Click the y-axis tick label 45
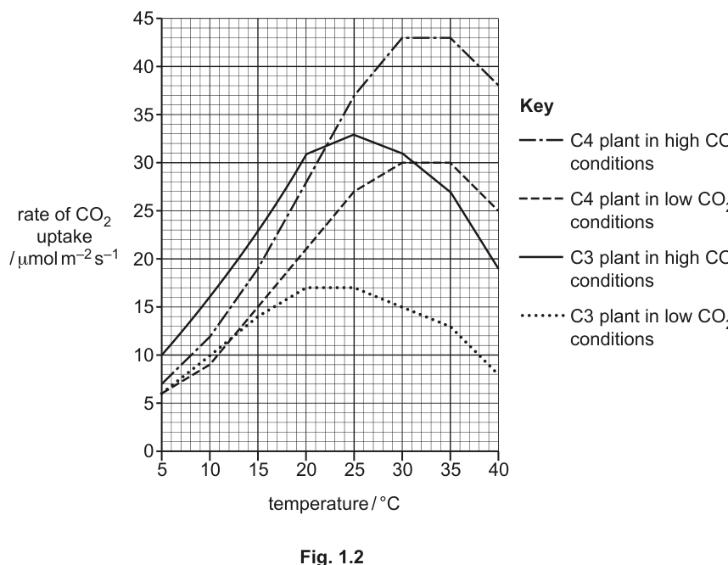coord(143,19)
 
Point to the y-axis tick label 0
coord(149,450)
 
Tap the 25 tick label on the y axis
coord(143,211)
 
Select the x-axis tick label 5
coord(161,470)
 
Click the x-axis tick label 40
coord(498,470)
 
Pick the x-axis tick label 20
coord(306,470)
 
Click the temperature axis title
coord(333,504)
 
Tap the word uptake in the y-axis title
coord(64,237)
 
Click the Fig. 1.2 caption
coord(332,557)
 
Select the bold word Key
coord(537,106)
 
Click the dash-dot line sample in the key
coord(540,140)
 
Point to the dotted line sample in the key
coord(542,316)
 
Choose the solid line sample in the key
coord(540,257)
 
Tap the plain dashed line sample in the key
coord(540,199)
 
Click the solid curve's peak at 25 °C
coord(354,135)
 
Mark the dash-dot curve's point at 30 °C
coord(402,37)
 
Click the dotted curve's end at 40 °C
coord(497,372)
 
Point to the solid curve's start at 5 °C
coord(161,355)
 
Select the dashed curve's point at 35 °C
coord(450,163)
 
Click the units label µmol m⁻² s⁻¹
coord(64,258)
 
